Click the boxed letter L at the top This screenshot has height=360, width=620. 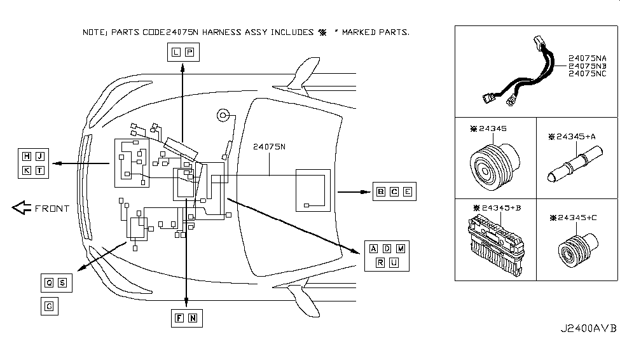[176, 52]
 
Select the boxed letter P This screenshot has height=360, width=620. [189, 52]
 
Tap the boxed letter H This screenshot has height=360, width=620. [27, 156]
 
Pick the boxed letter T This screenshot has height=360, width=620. [40, 170]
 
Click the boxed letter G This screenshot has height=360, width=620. [49, 307]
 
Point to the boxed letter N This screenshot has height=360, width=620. [192, 318]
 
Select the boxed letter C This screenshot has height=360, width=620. [394, 191]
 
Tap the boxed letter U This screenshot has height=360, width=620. [394, 263]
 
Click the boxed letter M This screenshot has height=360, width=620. [401, 249]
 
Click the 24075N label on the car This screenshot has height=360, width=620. [270, 148]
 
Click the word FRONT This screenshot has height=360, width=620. [52, 209]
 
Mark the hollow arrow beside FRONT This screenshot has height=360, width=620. [22, 208]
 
